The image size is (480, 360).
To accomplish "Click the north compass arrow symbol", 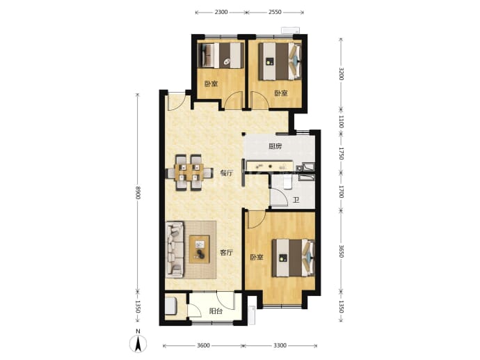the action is (138, 343).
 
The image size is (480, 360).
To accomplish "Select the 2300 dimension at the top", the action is (221, 13).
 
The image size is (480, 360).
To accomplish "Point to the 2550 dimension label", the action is (275, 13).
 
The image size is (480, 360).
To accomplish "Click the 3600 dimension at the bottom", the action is (203, 345).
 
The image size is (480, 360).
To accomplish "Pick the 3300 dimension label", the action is (280, 345).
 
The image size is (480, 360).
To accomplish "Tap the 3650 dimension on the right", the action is (342, 251).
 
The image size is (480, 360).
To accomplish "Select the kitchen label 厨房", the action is (275, 146).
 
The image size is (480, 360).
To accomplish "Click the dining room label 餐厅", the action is (227, 173).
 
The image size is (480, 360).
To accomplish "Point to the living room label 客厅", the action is (227, 253).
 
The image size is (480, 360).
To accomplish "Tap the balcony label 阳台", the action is (216, 311).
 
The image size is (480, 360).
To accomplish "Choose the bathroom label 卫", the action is (296, 201).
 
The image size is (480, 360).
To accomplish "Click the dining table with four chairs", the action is (189, 173).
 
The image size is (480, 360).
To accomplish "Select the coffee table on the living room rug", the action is (199, 249).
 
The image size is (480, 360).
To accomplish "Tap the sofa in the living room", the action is (175, 250).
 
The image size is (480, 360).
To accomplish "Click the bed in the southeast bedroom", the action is (294, 258).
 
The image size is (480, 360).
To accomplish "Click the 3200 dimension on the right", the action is (342, 74).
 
